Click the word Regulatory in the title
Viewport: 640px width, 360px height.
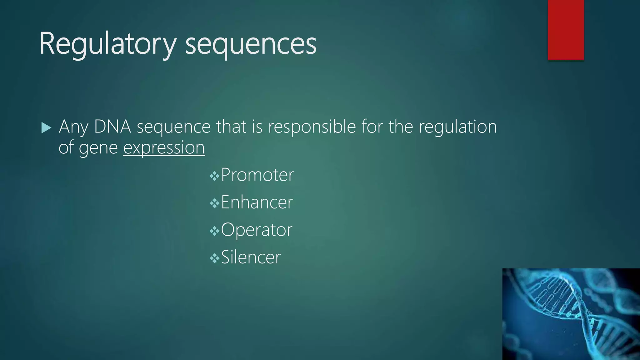[108, 44]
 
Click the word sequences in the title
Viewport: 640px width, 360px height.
[251, 44]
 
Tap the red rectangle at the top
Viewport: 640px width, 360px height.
[566, 30]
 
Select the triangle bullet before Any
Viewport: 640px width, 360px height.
[46, 128]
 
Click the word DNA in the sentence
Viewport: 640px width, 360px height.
[112, 127]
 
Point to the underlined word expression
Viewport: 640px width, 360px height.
[164, 148]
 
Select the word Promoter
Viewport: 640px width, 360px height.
[257, 175]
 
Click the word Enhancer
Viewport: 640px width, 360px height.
[257, 202]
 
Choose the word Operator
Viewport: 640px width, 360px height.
[256, 230]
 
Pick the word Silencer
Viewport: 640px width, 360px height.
[251, 257]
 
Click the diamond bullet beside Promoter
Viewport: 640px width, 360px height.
[214, 177]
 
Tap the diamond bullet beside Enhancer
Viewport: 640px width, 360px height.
[214, 204]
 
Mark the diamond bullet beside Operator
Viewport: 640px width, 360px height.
[214, 232]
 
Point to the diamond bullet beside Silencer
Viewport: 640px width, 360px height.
[214, 259]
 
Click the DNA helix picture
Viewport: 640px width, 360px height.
[571, 314]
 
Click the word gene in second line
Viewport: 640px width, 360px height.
[98, 148]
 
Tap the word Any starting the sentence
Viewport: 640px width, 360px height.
[73, 127]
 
